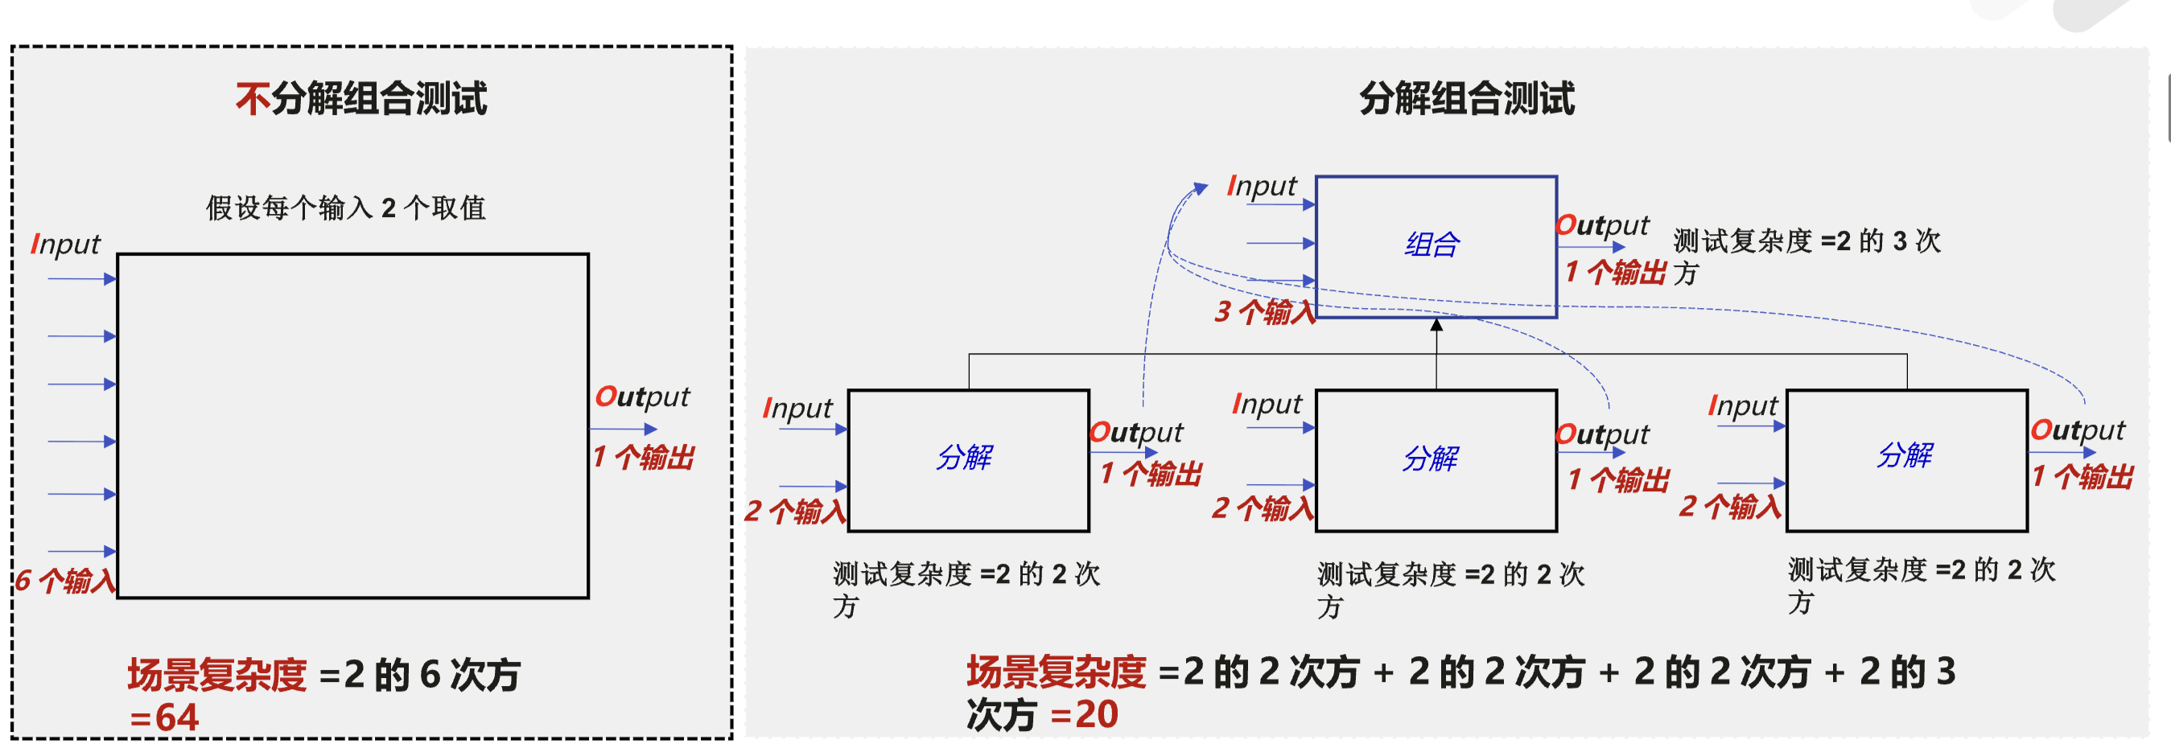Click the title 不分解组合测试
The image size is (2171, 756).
360,99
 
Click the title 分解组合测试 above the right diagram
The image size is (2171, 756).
1465,99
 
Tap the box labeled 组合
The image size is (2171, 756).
1436,246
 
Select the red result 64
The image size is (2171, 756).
176,717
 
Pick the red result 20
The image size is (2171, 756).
1097,715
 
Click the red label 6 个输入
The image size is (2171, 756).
65,581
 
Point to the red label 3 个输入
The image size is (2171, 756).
1264,312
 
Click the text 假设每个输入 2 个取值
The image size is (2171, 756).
345,207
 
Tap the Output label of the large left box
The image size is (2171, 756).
642,397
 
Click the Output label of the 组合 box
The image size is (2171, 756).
1601,225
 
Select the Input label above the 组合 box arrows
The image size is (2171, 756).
1262,187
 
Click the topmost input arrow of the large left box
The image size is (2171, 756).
82,279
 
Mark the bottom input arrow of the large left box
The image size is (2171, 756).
82,551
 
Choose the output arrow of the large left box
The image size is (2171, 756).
624,429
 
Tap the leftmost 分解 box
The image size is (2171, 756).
968,460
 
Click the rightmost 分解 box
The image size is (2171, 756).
1906,459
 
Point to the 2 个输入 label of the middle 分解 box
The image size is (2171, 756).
1263,508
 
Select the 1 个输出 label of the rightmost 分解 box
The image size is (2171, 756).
2082,477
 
